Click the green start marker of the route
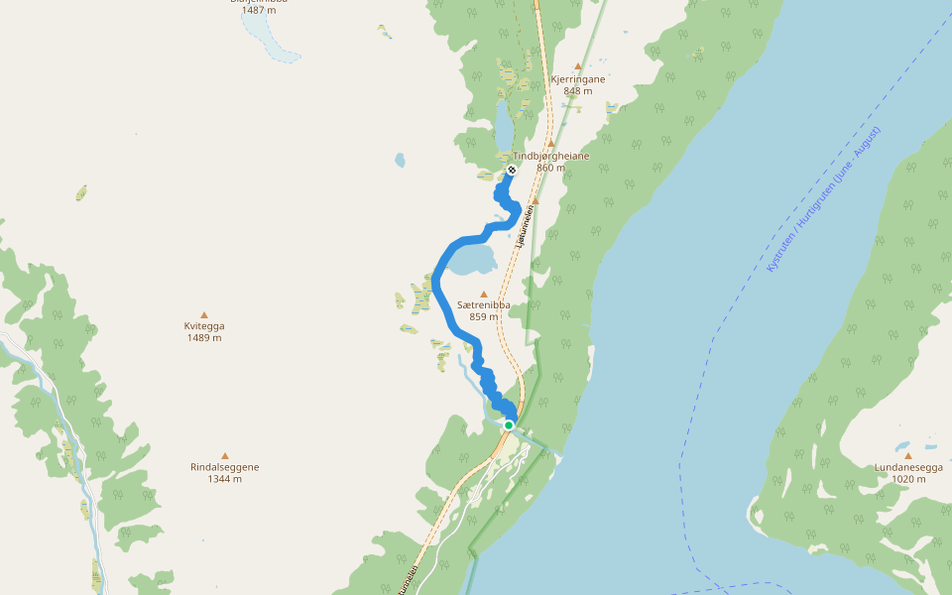(509, 425)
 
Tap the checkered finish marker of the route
(512, 171)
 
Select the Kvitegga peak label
(204, 326)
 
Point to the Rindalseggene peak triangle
(225, 455)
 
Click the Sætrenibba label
(484, 305)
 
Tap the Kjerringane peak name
(577, 78)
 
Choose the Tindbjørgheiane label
(551, 156)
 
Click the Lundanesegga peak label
(907, 467)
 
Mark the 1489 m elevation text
(204, 338)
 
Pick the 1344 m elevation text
(225, 479)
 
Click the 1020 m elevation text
(907, 479)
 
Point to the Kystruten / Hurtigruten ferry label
(823, 198)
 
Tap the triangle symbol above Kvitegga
(204, 314)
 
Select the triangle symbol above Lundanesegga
(907, 455)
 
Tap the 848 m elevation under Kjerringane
(577, 91)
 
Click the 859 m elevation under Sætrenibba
(484, 317)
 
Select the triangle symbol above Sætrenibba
(484, 294)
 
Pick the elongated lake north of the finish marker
(504, 124)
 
